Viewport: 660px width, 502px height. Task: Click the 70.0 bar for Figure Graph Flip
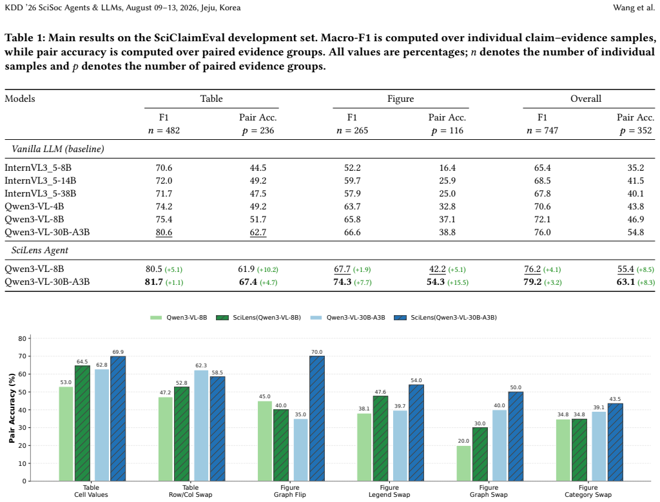pos(317,418)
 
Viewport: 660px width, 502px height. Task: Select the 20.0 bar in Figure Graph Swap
pos(463,463)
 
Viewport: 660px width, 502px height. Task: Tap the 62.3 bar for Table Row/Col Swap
pos(201,425)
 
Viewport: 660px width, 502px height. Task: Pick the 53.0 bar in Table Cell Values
pos(66,434)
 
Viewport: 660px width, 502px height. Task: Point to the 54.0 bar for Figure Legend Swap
pos(416,432)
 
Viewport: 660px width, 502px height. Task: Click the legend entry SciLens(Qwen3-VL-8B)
pos(258,318)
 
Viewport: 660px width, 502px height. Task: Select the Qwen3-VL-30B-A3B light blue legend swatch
pos(316,318)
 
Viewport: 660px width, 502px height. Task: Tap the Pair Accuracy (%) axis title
pos(12,408)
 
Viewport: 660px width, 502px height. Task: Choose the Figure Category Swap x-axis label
pos(588,491)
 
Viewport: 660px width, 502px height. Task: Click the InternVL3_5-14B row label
pos(41,180)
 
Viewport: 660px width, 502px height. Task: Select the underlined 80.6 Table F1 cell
pos(164,232)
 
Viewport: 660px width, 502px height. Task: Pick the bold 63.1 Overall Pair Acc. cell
pos(625,282)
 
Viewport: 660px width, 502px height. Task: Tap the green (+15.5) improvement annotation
pos(458,282)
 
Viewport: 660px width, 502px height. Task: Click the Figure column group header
pos(400,99)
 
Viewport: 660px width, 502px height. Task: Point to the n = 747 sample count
pos(542,130)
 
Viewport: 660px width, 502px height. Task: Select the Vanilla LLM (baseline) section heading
pos(57,149)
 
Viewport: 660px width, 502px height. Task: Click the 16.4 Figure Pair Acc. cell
pos(447,168)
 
